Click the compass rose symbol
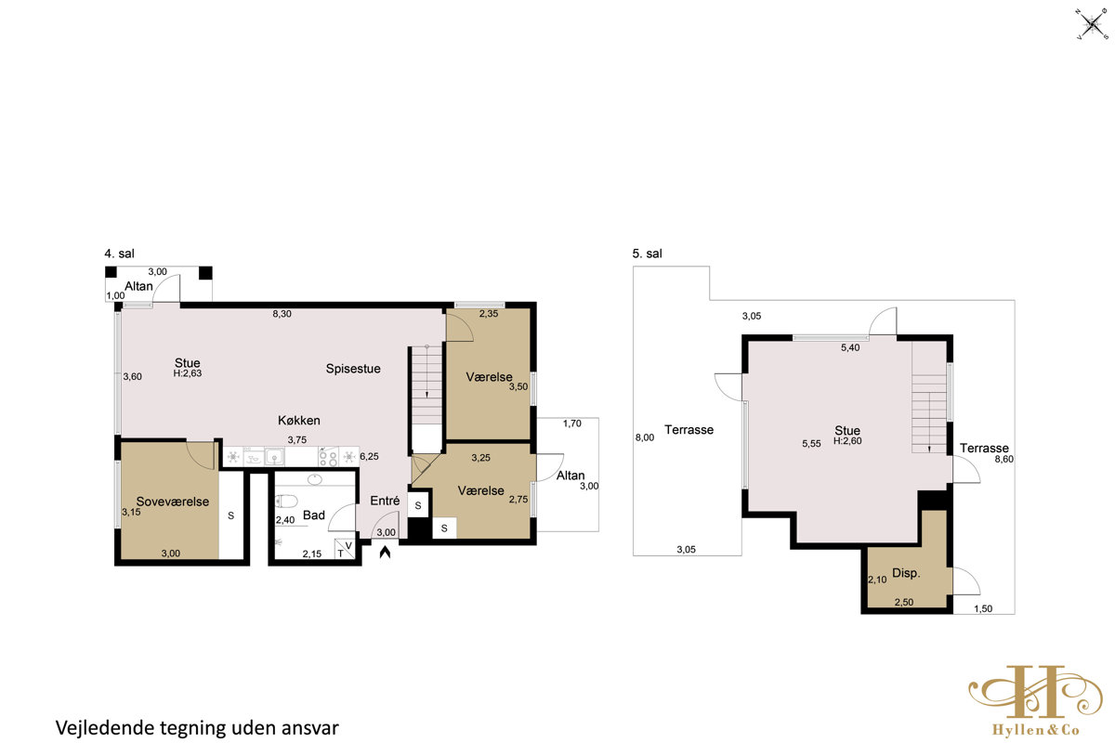(x=1092, y=23)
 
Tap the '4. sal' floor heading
(x=120, y=254)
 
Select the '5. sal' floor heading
(x=647, y=254)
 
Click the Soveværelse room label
(x=172, y=502)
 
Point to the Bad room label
(x=314, y=515)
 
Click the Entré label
(x=385, y=501)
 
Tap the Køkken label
(x=298, y=420)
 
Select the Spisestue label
(x=353, y=369)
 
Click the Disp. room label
(x=906, y=573)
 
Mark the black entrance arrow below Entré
(x=385, y=552)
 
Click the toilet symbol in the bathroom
(x=286, y=501)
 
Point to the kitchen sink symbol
(x=274, y=456)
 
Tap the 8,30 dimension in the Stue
(x=282, y=314)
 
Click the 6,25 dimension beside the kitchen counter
(x=369, y=456)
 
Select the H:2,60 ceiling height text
(x=847, y=441)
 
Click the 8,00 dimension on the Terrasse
(x=645, y=437)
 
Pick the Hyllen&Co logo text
(x=1035, y=730)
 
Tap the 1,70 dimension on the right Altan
(x=572, y=423)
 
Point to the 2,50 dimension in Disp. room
(x=904, y=602)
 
